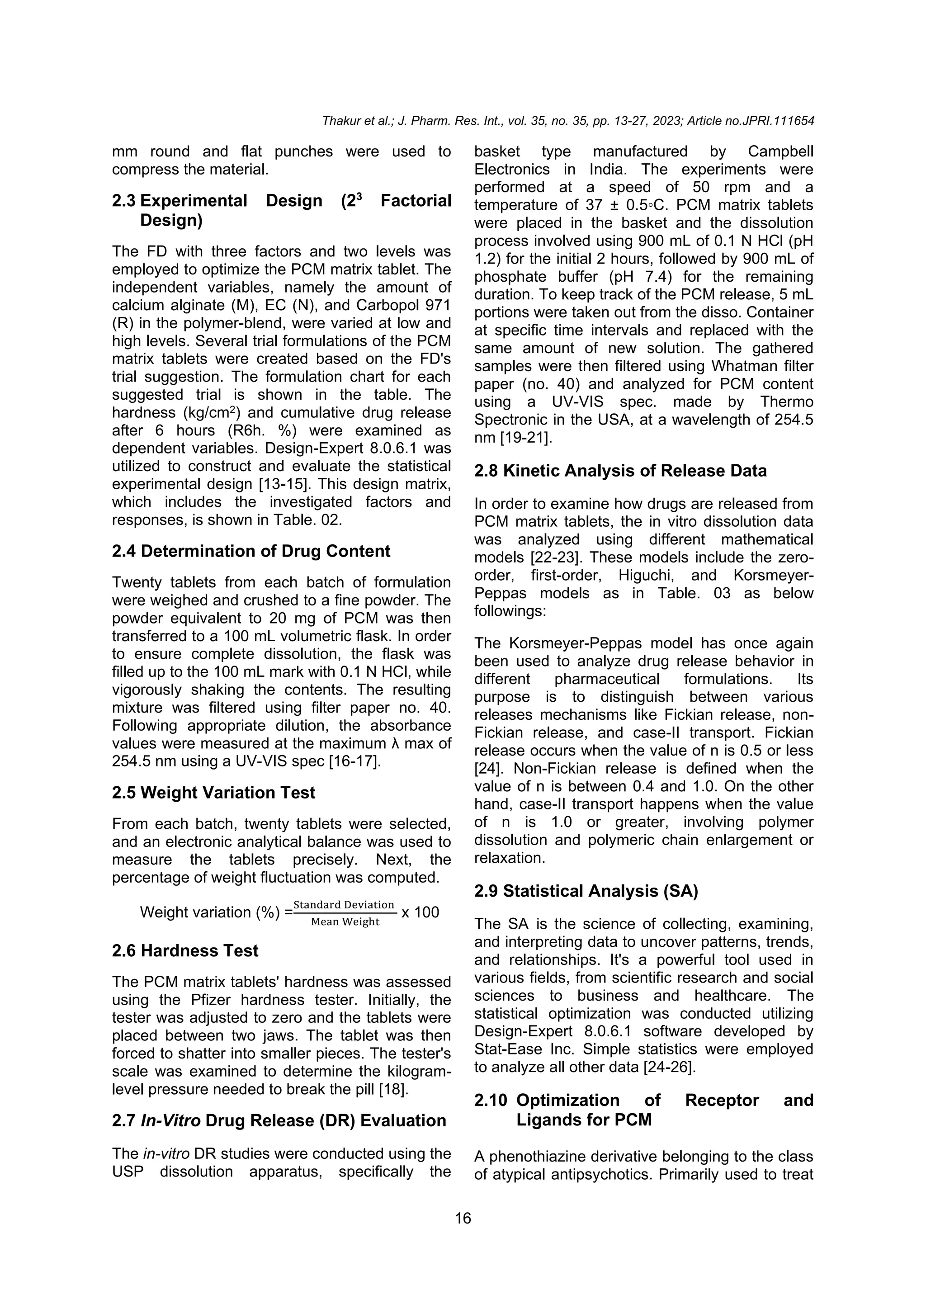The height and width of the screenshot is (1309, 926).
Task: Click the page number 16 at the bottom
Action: [x=463, y=1219]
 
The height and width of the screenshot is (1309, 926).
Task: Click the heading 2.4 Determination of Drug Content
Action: [x=251, y=551]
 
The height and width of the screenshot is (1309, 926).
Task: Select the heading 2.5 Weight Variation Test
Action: [x=213, y=793]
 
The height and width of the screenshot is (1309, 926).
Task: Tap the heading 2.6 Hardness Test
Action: [x=185, y=950]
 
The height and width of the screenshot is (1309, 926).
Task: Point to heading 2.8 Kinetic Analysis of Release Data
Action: [x=620, y=471]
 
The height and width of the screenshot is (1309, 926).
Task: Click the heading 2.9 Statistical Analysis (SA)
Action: [x=586, y=891]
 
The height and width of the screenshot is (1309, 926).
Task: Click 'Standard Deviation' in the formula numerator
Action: [x=344, y=905]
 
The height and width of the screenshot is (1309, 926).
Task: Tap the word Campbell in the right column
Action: [x=780, y=151]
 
